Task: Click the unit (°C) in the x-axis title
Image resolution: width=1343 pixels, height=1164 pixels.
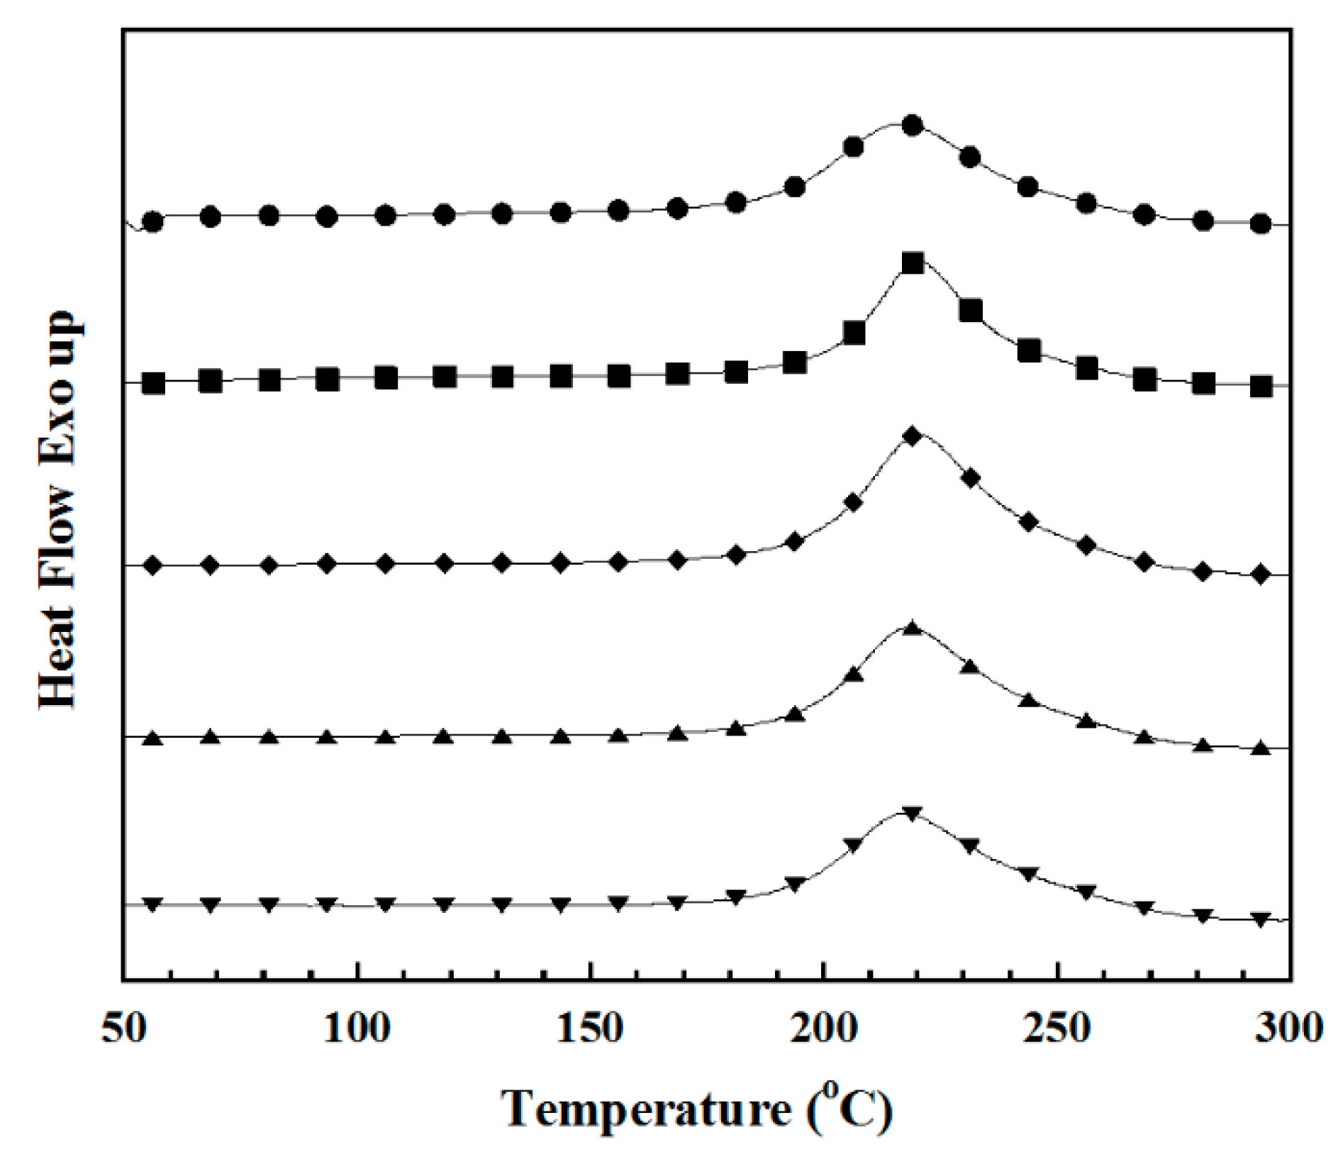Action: (848, 1109)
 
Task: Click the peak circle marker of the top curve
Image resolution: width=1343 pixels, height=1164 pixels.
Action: (913, 126)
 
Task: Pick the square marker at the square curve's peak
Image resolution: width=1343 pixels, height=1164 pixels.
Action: (913, 264)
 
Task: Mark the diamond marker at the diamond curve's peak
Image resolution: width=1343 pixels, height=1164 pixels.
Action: (913, 436)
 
